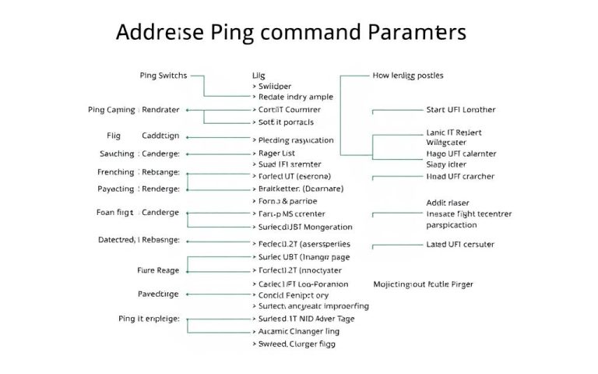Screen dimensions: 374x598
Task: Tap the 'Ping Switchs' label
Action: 163,76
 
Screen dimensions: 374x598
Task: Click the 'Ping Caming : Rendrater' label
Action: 134,110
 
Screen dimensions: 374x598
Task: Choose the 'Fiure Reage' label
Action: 157,270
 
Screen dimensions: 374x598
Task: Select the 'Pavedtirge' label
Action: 158,295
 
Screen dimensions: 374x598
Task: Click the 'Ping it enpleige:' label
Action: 149,319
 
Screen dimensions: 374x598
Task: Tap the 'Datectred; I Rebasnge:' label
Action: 139,239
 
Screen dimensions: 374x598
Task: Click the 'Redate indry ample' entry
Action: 294,97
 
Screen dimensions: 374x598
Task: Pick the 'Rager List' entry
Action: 282,153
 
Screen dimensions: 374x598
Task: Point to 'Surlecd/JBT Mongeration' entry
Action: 304,227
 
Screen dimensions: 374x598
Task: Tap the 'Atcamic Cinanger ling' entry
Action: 298,330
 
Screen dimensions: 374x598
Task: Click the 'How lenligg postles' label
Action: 408,76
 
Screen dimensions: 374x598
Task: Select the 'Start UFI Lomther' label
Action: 461,110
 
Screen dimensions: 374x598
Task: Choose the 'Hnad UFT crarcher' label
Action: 460,176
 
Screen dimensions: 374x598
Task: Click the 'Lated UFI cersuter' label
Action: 460,244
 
